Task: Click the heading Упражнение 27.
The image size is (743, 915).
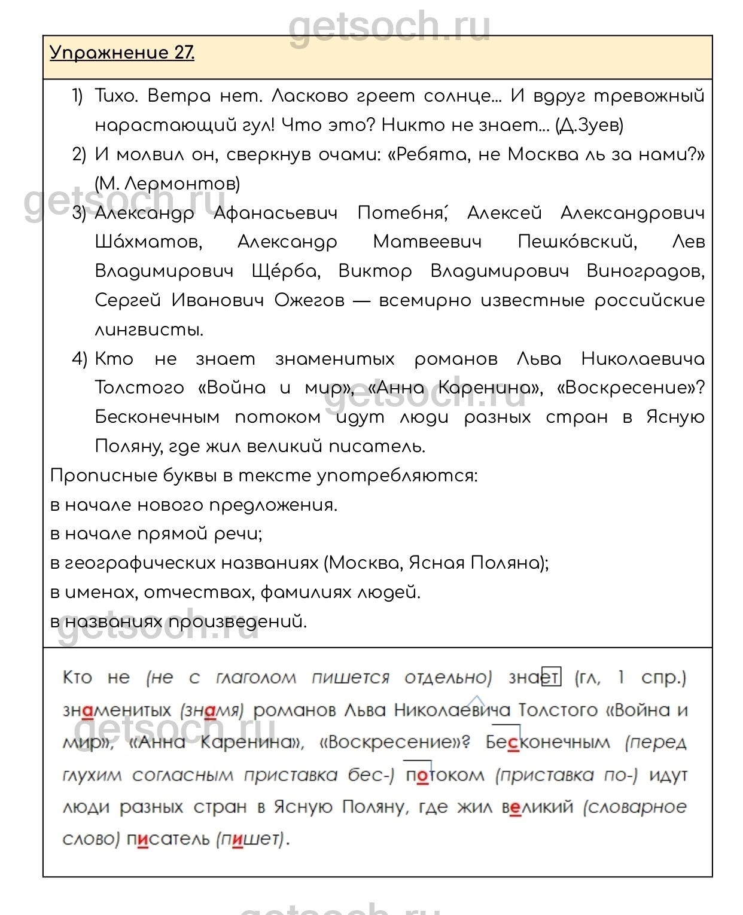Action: (122, 53)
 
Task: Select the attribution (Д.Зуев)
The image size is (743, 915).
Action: (589, 125)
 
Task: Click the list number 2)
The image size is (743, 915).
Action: (79, 154)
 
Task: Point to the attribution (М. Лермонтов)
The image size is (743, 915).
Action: (168, 184)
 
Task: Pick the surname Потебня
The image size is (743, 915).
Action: (401, 213)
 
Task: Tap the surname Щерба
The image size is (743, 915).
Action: (286, 272)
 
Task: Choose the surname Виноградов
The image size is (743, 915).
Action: (645, 272)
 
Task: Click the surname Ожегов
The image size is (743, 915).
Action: (309, 300)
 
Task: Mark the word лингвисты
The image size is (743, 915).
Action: (149, 330)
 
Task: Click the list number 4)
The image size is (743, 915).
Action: (79, 359)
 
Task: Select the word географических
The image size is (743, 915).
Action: (191, 563)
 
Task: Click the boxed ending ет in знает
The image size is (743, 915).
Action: (551, 678)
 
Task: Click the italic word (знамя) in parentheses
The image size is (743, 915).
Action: (212, 710)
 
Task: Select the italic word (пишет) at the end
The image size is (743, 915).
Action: (250, 839)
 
